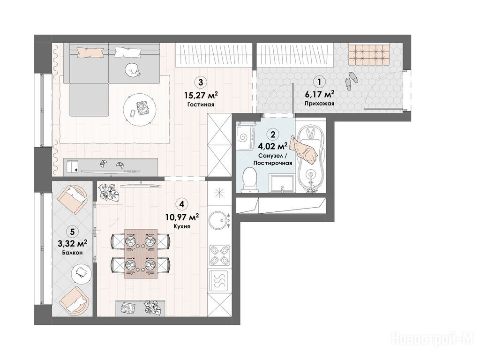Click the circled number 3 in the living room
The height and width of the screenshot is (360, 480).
201,82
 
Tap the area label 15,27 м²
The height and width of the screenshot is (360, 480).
201,95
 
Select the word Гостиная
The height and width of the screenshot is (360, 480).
201,105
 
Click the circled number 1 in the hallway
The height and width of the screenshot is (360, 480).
320,82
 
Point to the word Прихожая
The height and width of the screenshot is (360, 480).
320,104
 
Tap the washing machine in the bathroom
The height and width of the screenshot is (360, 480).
246,137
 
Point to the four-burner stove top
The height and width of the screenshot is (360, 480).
219,255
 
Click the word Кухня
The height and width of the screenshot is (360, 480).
182,226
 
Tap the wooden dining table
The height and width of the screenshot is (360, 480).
141,254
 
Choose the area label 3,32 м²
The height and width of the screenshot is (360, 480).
72,244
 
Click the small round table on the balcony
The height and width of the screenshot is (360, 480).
82,272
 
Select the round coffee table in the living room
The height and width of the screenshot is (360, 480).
140,109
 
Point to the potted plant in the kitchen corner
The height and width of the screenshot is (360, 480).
108,192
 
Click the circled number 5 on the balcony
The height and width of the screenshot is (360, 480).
72,232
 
